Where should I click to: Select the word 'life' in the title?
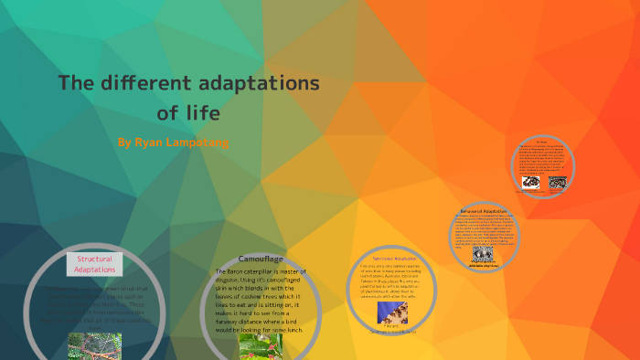pyautogui.click(x=202, y=114)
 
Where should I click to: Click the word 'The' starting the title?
pyautogui.click(x=77, y=84)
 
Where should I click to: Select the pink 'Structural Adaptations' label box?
pyautogui.click(x=94, y=264)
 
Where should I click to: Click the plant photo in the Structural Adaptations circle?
pyautogui.click(x=94, y=345)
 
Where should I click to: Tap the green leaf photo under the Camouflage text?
pyautogui.click(x=260, y=345)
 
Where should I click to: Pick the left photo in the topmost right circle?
pyautogui.click(x=530, y=182)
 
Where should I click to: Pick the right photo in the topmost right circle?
pyautogui.click(x=556, y=182)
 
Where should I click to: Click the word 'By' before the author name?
pyautogui.click(x=125, y=143)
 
